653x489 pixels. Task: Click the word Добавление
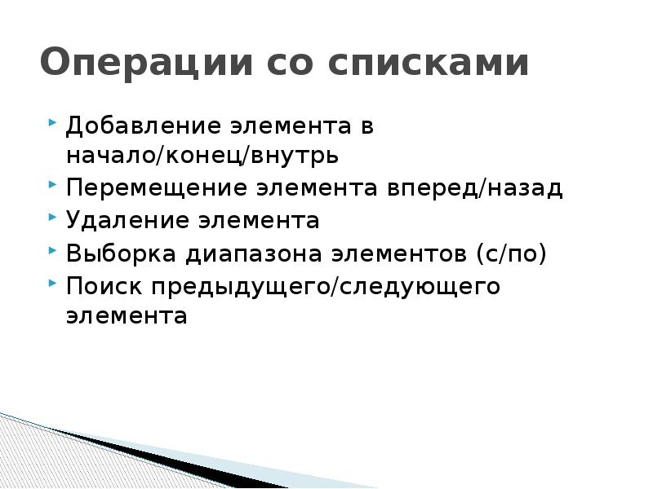point(142,126)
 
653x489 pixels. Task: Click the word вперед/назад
point(481,188)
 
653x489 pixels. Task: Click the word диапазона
point(252,253)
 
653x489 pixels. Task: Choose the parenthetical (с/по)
point(512,253)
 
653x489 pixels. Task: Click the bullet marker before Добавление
point(52,124)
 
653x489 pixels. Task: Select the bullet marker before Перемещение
point(52,186)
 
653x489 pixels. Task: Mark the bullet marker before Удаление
point(52,218)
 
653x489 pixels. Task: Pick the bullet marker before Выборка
point(52,251)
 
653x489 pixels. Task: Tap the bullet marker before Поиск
point(52,284)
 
